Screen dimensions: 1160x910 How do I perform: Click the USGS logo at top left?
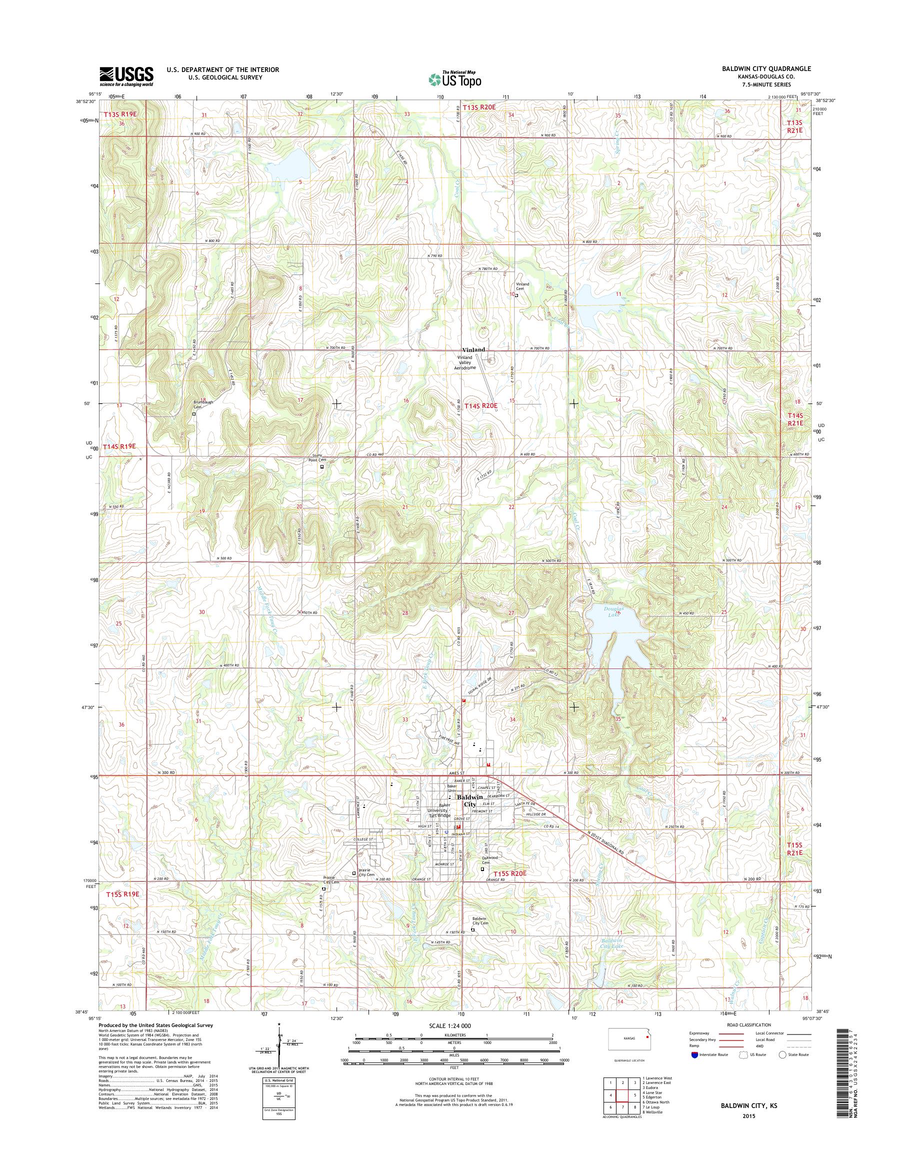point(126,76)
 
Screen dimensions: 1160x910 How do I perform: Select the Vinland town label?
point(473,349)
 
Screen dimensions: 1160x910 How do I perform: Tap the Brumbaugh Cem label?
point(203,404)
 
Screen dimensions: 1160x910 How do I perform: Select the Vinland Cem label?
point(522,286)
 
